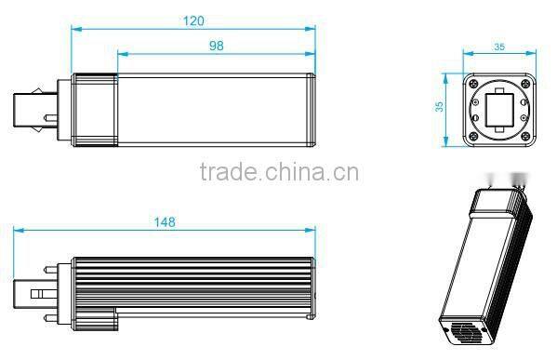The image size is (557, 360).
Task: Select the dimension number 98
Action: click(216, 44)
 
